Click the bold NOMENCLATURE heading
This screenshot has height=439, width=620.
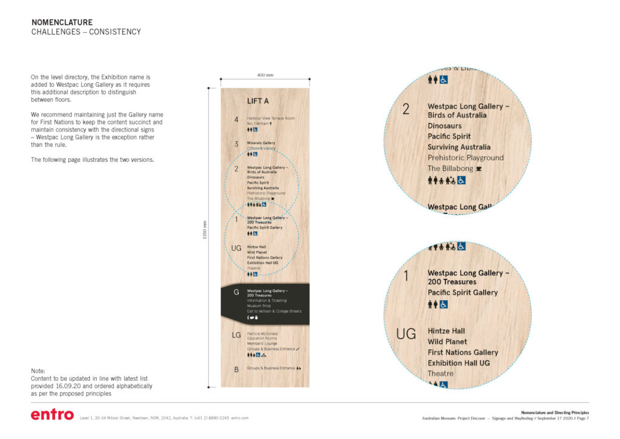point(62,22)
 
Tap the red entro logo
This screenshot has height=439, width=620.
point(52,415)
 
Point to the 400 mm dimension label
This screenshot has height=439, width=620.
point(265,75)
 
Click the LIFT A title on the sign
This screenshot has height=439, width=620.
point(258,101)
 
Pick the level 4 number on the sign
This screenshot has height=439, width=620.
point(236,119)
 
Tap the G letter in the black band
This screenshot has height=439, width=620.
point(236,292)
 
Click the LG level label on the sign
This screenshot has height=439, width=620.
point(237,335)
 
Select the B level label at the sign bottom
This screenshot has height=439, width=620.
point(236,368)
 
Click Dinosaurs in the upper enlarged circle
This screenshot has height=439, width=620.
point(444,126)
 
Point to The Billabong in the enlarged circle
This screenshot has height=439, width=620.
point(450,169)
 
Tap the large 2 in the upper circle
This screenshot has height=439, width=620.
point(406,110)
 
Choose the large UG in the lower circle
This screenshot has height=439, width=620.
point(406,334)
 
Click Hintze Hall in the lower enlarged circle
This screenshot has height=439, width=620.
point(446,331)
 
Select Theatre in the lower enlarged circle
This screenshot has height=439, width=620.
point(440,374)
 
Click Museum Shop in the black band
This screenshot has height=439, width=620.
point(259,306)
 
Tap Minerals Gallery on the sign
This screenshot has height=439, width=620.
point(260,143)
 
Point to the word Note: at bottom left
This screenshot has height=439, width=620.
point(38,371)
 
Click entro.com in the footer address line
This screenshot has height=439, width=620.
point(240,418)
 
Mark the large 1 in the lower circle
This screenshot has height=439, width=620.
point(406,276)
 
